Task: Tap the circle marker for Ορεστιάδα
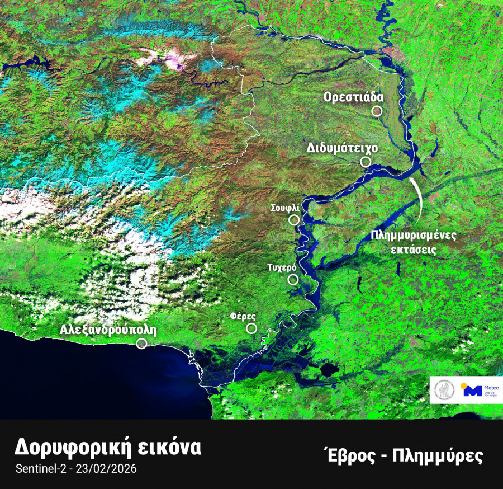pos(377,111)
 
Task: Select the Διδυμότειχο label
pos(343,148)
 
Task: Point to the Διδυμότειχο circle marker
pos(366,162)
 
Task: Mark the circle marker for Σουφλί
pos(294,219)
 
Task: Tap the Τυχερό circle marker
pos(292,280)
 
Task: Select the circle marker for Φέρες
pos(251,328)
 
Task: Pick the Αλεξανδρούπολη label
pos(108,330)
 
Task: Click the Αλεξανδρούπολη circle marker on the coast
pos(141,343)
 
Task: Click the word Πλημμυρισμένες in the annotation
pos(414,235)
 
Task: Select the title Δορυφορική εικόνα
pos(107,448)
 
